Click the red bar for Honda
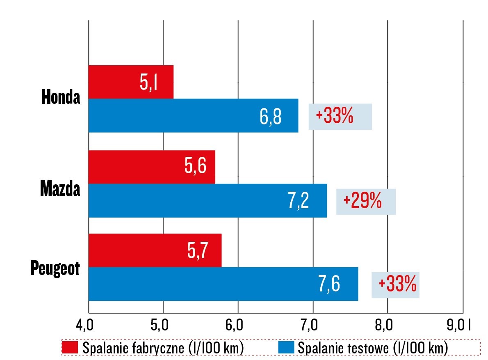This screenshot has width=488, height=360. (131, 82)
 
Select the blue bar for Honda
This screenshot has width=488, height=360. (193, 116)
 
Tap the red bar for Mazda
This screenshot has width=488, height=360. (151, 167)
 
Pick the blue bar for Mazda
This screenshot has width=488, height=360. (208, 200)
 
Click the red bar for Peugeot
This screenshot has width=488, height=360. (155, 250)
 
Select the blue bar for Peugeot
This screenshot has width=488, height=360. (223, 284)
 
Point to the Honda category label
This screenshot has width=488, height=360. (61, 98)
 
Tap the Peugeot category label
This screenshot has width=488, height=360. (55, 269)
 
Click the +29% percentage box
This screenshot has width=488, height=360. (366, 202)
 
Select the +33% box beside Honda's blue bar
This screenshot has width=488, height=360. (340, 117)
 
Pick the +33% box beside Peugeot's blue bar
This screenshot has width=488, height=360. (395, 284)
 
